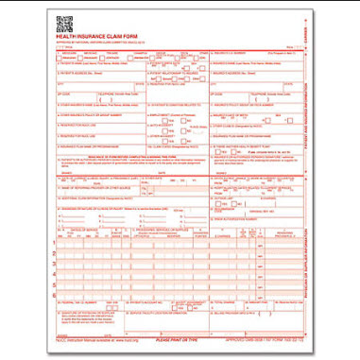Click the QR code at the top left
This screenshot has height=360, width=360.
coord(65,23)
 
